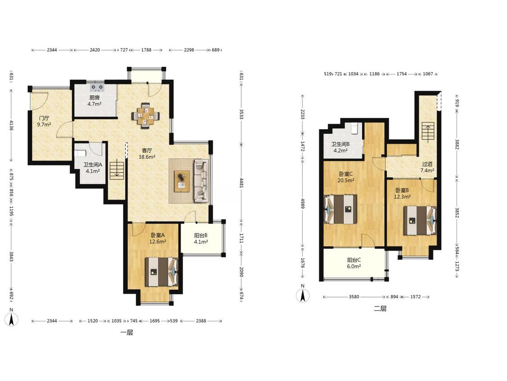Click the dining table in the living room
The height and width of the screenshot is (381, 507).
coord(146,116)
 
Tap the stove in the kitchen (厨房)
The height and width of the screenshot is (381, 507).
coord(97,87)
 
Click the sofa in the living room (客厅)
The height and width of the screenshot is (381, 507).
coord(201,181)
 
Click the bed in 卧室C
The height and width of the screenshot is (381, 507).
coord(341,209)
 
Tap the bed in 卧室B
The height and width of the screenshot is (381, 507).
coord(420,220)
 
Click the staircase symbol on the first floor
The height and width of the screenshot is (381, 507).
coord(117,171)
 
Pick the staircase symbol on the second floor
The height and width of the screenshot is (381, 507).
coord(428,132)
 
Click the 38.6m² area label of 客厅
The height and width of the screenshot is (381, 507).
coord(147,157)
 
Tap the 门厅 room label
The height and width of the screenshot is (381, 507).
coord(44,118)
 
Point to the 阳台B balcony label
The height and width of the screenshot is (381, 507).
coord(201,236)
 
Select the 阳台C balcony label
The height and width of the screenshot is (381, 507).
coord(354,260)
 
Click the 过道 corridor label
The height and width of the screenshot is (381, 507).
coord(427,164)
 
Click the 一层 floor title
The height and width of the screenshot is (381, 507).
coord(127,333)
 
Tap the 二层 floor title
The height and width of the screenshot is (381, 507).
coord(380,308)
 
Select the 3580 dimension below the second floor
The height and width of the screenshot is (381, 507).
coord(354,297)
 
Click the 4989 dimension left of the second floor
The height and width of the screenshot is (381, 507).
coord(302,204)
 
